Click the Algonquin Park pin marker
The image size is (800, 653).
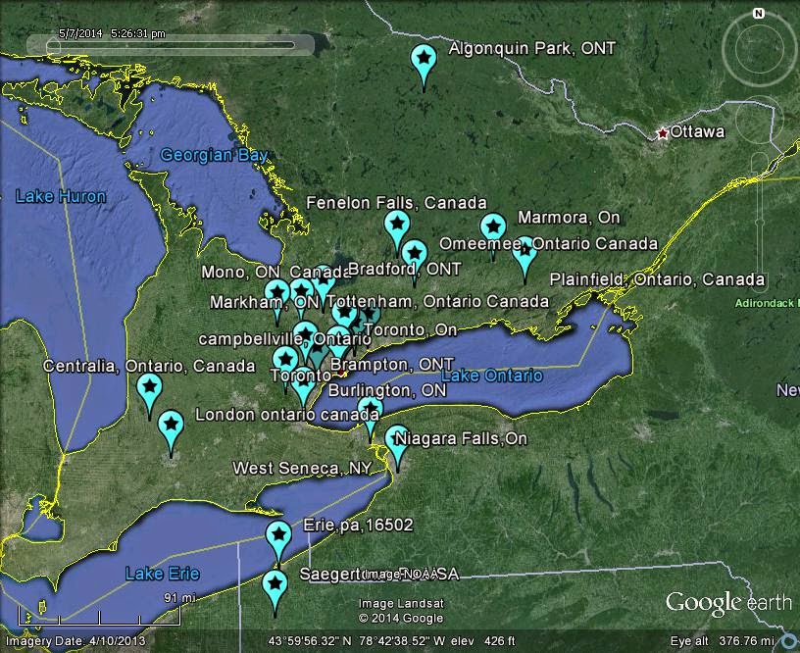coord(424,62)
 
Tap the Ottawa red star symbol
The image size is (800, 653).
coord(663,132)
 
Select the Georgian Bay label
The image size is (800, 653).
coord(214,155)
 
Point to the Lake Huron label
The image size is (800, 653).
coord(61,196)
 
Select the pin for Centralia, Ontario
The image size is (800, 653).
coord(149,389)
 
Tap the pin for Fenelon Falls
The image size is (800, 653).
coord(396,226)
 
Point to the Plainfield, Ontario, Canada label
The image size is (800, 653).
coord(657,279)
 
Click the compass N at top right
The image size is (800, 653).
coord(758,14)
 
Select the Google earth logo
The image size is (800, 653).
coord(729,602)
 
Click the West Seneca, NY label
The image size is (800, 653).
coord(302,469)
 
